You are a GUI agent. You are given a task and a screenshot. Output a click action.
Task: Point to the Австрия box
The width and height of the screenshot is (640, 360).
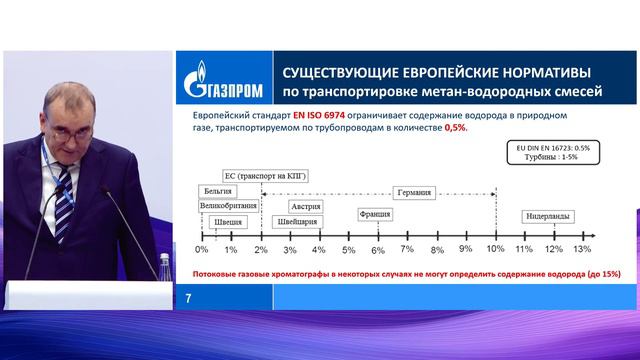(x=305, y=205)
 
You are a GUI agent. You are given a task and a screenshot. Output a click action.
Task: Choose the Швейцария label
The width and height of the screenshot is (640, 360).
(x=304, y=222)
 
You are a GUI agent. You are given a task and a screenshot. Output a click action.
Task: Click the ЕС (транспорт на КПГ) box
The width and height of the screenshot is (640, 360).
(x=256, y=174)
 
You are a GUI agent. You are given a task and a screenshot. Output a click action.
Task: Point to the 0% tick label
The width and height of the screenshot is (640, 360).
(x=201, y=248)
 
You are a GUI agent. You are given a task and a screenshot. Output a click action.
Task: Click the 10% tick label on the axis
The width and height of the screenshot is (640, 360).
(x=495, y=248)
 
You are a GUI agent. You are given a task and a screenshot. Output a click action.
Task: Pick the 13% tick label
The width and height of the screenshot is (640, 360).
(x=583, y=248)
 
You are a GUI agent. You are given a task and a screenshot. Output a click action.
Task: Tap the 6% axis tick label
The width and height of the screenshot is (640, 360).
(x=378, y=248)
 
